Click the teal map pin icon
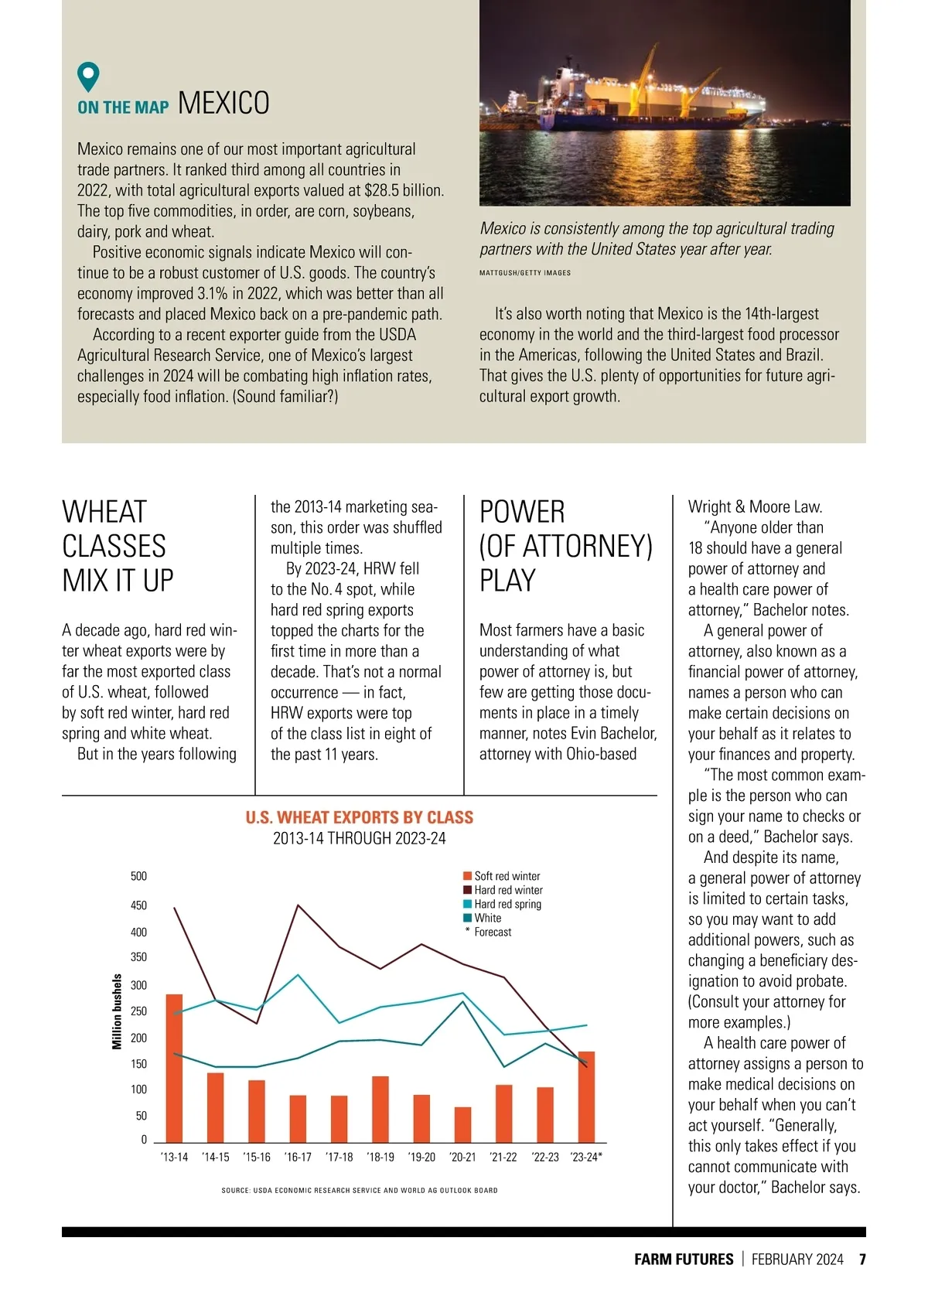click(89, 77)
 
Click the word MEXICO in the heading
click(223, 104)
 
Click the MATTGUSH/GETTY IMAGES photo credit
click(525, 273)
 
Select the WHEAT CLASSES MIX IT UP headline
click(118, 546)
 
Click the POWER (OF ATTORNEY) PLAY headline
click(565, 546)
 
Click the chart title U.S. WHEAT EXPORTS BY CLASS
click(360, 817)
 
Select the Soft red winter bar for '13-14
click(175, 1068)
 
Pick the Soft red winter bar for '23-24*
click(586, 1096)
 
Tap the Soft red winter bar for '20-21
click(462, 1124)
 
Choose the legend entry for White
click(487, 918)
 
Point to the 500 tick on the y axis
click(138, 876)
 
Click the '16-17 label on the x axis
click(298, 1158)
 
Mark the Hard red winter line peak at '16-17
click(299, 905)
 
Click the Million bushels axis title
click(118, 1011)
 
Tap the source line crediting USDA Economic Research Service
click(360, 1191)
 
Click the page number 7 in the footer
click(861, 1260)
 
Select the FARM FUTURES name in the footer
click(684, 1260)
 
